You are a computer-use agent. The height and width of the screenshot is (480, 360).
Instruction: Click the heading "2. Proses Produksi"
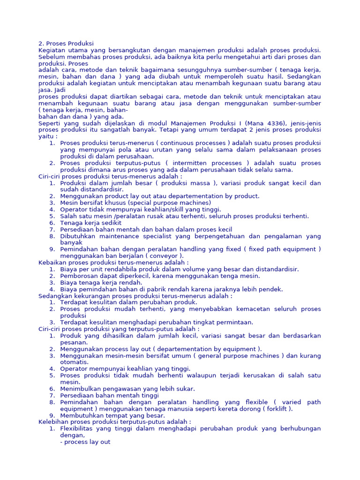point(66,44)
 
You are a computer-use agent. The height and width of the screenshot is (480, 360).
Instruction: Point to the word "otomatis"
point(74,362)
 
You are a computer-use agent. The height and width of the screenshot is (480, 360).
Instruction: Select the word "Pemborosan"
point(78,276)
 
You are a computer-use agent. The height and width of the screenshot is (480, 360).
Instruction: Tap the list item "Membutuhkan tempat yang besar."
point(112,415)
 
